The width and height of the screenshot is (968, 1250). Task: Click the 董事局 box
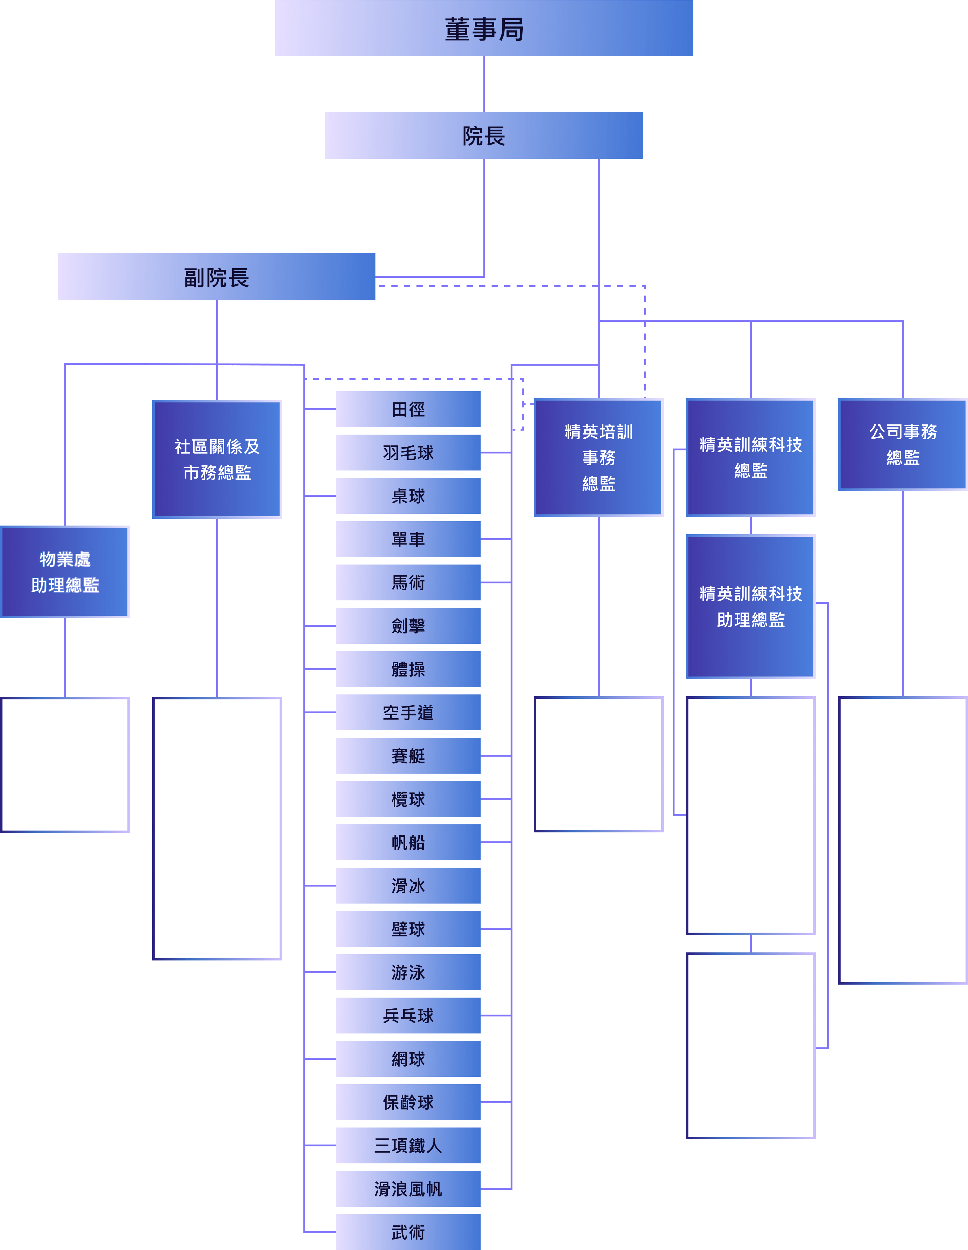pos(484,29)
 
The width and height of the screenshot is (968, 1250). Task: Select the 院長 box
pos(484,136)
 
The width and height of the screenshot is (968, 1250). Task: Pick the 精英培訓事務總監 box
pos(598,457)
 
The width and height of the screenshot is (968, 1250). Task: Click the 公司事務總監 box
pos(903,445)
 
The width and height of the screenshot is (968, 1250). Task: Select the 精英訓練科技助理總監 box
pos(751,607)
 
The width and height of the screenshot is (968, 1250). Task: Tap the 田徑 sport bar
pos(408,409)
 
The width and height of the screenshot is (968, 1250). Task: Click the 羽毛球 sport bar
pos(408,453)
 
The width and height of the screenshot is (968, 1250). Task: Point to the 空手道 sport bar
pos(408,713)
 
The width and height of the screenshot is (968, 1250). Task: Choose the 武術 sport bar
pos(408,1232)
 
